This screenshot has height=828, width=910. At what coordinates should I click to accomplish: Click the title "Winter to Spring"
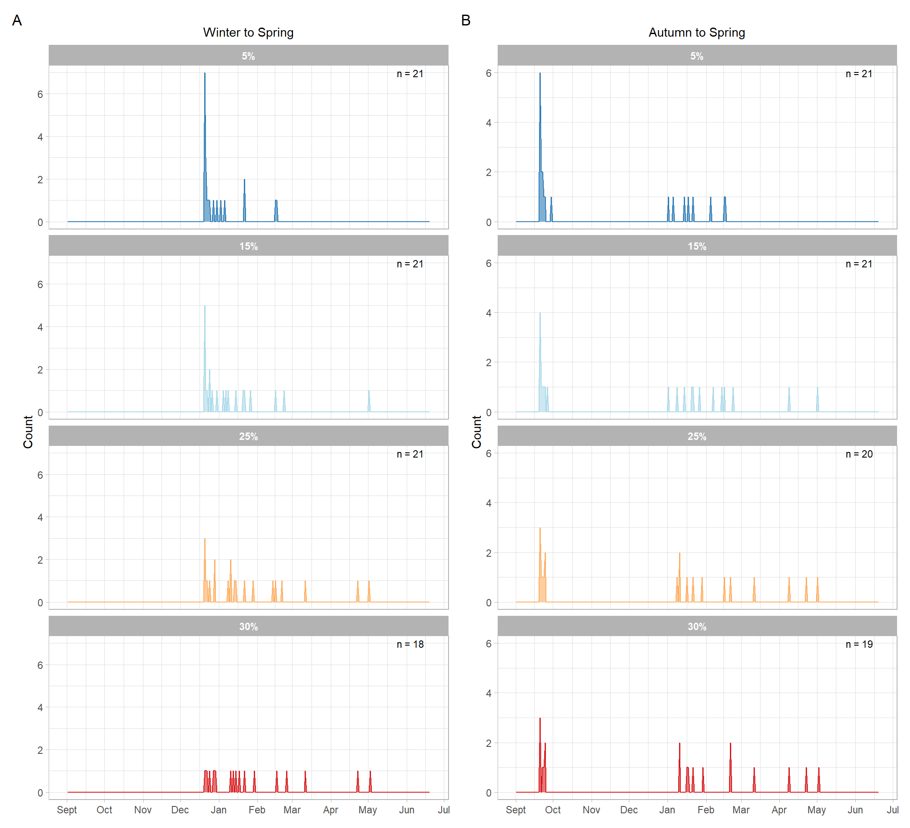(x=248, y=32)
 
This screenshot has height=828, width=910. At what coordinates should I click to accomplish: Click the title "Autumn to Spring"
(x=696, y=32)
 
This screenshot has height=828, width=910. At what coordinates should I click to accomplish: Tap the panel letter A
(x=17, y=20)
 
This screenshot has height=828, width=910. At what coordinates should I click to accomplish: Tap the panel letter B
(x=466, y=20)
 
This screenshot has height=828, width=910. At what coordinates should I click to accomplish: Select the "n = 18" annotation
(x=410, y=644)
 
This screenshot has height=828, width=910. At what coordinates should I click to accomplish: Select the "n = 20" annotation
(x=859, y=454)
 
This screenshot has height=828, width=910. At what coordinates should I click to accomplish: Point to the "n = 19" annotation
(x=859, y=644)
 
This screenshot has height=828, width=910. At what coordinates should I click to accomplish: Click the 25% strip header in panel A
(x=248, y=436)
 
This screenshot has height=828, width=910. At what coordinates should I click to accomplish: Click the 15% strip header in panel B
(x=696, y=246)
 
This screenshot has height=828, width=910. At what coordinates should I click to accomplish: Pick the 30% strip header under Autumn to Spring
(x=696, y=627)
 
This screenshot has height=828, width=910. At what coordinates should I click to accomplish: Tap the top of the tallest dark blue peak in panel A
(x=205, y=73)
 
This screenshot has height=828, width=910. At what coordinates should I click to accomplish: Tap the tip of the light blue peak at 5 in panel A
(x=205, y=306)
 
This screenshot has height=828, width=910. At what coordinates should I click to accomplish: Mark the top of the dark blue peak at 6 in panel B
(x=540, y=73)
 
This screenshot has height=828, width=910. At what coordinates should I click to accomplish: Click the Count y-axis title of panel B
(x=477, y=432)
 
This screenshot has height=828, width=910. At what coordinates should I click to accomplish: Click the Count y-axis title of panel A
(x=28, y=432)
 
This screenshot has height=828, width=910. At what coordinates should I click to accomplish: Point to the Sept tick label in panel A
(x=67, y=810)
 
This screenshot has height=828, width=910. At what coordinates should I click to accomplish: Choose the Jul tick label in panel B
(x=892, y=810)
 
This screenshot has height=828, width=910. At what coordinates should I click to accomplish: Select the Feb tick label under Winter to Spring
(x=257, y=810)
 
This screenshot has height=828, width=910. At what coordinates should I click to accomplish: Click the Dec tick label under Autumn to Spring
(x=629, y=810)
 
